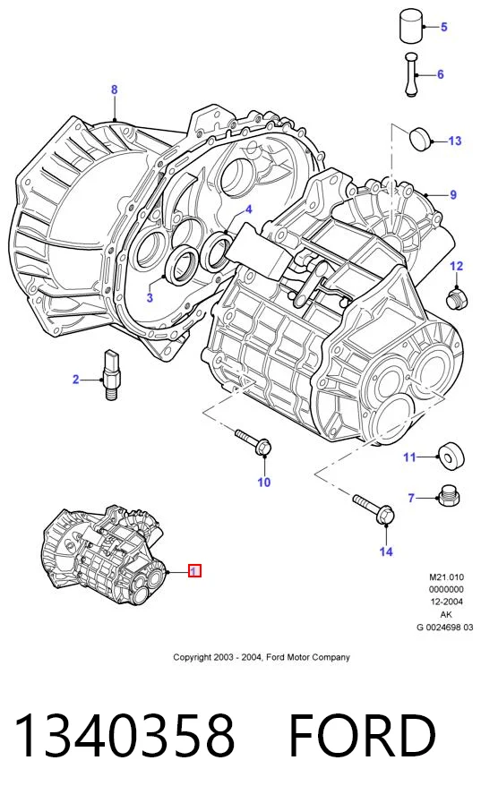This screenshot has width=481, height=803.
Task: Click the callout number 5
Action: [443, 27]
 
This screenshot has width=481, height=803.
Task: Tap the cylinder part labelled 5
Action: [411, 25]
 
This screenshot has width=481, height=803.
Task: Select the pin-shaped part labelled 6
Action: [411, 74]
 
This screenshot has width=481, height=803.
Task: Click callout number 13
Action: [454, 141]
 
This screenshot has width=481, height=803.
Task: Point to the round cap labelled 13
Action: [420, 137]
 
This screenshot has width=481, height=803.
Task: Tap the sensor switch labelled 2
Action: [112, 375]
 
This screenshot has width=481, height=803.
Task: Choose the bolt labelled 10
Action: [253, 442]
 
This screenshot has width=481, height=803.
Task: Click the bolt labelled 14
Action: [374, 509]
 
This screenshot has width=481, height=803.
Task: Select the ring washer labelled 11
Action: [451, 454]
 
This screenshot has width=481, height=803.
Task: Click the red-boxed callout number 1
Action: [194, 570]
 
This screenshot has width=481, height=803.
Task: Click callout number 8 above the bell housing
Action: [115, 90]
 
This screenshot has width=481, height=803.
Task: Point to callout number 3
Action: [150, 297]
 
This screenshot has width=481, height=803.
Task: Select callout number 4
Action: [248, 209]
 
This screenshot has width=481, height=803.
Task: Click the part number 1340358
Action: [125, 736]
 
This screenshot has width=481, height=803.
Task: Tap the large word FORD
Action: [363, 736]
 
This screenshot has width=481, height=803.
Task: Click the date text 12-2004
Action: [446, 602]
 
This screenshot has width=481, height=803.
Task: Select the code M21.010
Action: [446, 577]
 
